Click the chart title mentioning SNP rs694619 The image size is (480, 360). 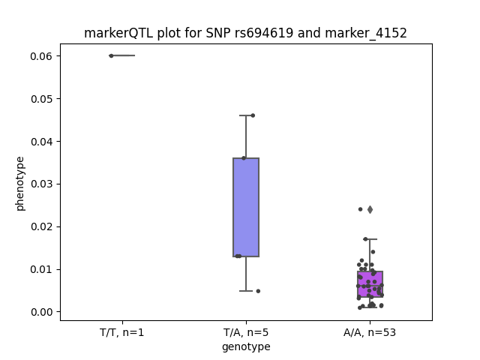(245, 33)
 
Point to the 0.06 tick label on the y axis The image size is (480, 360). (41, 56)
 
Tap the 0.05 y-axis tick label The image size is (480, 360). (41, 99)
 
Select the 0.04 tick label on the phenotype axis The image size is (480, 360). (41, 142)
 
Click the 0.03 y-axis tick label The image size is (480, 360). (41, 184)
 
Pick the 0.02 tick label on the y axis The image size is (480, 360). (41, 226)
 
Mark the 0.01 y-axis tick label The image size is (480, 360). (41, 269)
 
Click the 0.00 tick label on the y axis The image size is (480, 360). (41, 312)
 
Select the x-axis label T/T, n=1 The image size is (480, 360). (121, 332)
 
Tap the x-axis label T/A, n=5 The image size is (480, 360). (246, 332)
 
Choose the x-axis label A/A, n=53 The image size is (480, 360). (370, 332)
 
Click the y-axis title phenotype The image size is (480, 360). (20, 184)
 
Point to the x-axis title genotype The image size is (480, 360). (246, 346)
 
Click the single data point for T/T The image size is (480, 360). (112, 55)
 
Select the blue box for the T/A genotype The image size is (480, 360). (246, 207)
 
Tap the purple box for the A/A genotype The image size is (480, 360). (370, 284)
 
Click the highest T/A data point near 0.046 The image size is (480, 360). (253, 115)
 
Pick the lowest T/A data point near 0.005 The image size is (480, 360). (258, 291)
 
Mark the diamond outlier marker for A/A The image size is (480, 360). (370, 210)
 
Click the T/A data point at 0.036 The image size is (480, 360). (244, 158)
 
